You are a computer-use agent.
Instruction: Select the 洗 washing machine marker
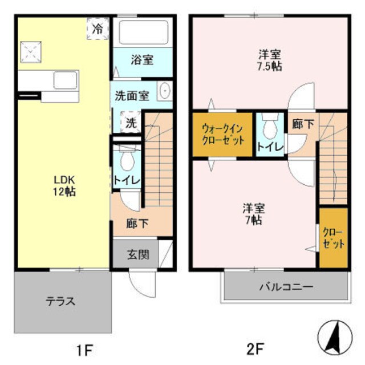tap(131, 123)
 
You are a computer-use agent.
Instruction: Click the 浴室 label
tap(141, 59)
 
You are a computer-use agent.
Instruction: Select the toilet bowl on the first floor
tap(127, 159)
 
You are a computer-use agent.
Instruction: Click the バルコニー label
tap(286, 286)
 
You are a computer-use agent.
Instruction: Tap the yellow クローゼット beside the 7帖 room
tap(333, 238)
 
